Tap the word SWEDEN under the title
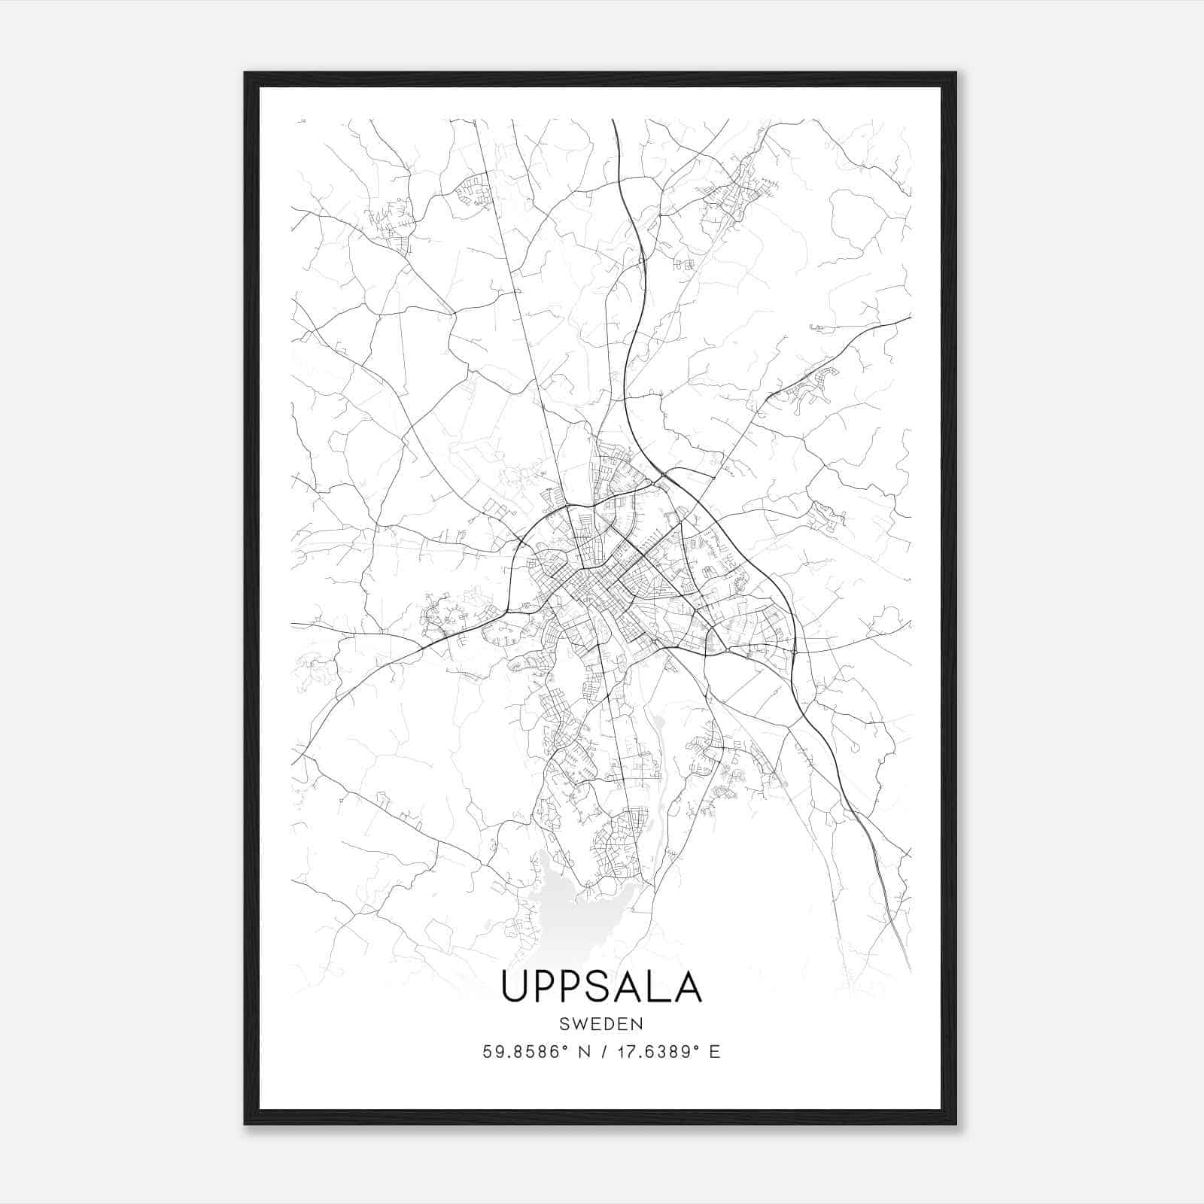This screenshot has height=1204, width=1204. coord(601,1024)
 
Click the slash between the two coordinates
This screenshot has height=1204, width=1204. coord(602,1052)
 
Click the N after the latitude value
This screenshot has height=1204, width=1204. coord(582,1052)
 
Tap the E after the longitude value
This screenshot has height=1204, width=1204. coord(715,1052)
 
